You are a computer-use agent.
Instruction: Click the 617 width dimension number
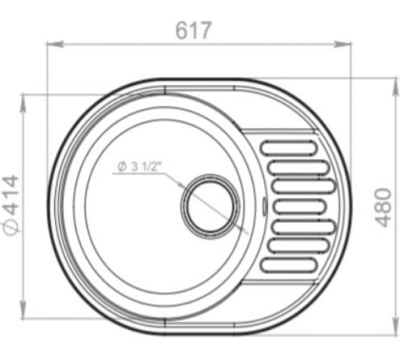pyautogui.click(x=194, y=30)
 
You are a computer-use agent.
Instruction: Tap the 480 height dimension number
pyautogui.click(x=384, y=207)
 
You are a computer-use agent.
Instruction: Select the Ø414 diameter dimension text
pyautogui.click(x=11, y=205)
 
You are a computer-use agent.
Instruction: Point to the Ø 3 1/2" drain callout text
pyautogui.click(x=139, y=166)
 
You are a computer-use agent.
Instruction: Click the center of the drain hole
pyautogui.click(x=211, y=206)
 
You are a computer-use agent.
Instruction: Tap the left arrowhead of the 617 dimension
pyautogui.click(x=54, y=44)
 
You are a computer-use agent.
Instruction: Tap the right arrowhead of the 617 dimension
pyautogui.click(x=343, y=44)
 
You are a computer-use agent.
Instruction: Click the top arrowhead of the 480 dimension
pyautogui.click(x=396, y=86)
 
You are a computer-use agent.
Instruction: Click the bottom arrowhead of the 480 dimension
pyautogui.click(x=396, y=326)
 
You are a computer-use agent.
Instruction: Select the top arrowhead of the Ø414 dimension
pyautogui.click(x=23, y=103)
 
